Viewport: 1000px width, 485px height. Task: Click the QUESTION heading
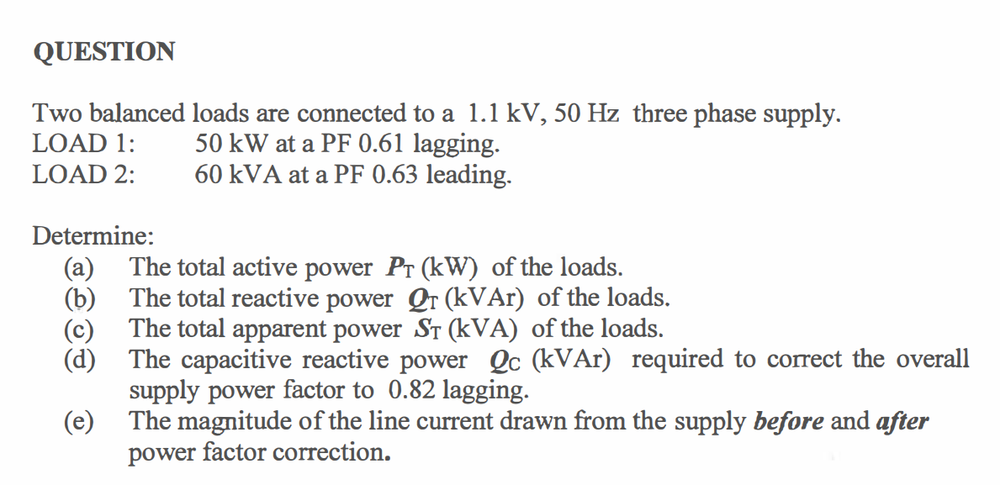point(104,52)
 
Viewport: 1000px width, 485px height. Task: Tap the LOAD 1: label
point(85,144)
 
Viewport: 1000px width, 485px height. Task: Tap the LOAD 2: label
point(85,175)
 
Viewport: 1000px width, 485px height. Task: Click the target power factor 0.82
point(413,391)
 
